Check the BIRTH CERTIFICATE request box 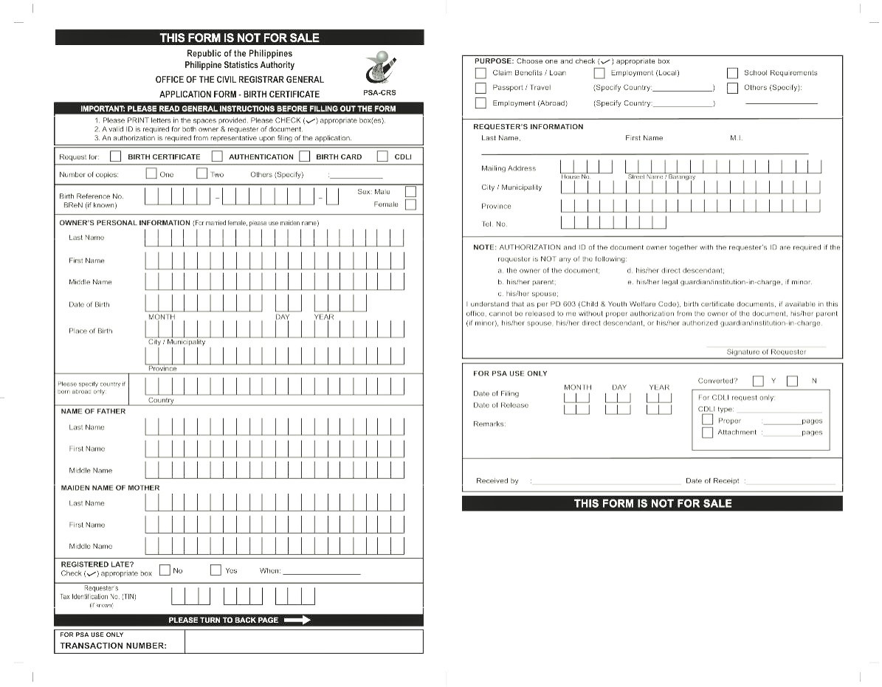coord(115,156)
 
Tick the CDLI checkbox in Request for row coord(382,156)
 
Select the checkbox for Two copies coord(201,174)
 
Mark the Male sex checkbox coord(410,192)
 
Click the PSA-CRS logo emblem coord(381,70)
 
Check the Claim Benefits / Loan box coord(480,73)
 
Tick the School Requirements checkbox coord(732,73)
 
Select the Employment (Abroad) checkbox coord(480,103)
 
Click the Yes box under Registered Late coord(216,570)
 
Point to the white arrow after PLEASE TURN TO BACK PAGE coord(297,621)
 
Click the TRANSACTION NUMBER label coord(113,646)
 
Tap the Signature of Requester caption coord(766,352)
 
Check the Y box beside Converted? coord(758,382)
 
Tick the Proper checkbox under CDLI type coord(707,420)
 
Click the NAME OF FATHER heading coord(93,411)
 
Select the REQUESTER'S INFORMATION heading coord(528,127)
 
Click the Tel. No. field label coord(494,224)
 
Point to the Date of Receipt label coord(712,481)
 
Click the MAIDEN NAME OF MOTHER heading coord(110,488)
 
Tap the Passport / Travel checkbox coord(480,88)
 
